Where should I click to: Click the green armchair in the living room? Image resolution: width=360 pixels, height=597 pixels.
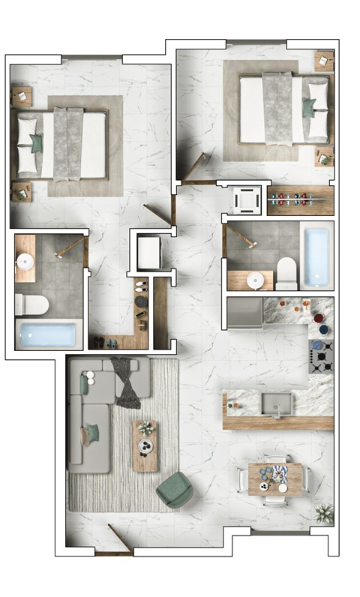[175, 490]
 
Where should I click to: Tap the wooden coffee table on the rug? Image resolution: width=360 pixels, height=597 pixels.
[145, 445]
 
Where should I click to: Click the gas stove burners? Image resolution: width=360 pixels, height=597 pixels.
[321, 358]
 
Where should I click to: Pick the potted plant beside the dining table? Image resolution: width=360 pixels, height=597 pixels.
[324, 514]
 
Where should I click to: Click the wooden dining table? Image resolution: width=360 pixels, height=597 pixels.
[275, 478]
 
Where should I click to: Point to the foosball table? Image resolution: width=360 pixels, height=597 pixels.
[300, 201]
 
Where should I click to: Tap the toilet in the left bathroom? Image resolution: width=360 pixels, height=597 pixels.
[31, 304]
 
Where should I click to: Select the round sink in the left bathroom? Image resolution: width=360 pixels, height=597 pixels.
[25, 262]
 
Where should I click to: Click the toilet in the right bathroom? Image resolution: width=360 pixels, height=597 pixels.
[286, 274]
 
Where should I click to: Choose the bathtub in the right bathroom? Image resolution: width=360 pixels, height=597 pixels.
[316, 256]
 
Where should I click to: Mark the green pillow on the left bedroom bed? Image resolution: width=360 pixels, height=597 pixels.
[36, 143]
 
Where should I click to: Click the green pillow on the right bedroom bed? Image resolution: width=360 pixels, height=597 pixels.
[308, 108]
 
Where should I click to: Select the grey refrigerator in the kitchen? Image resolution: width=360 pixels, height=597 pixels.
[244, 312]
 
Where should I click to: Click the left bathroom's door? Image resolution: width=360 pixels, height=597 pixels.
[70, 246]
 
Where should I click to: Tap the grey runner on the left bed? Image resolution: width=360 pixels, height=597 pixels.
[69, 144]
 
